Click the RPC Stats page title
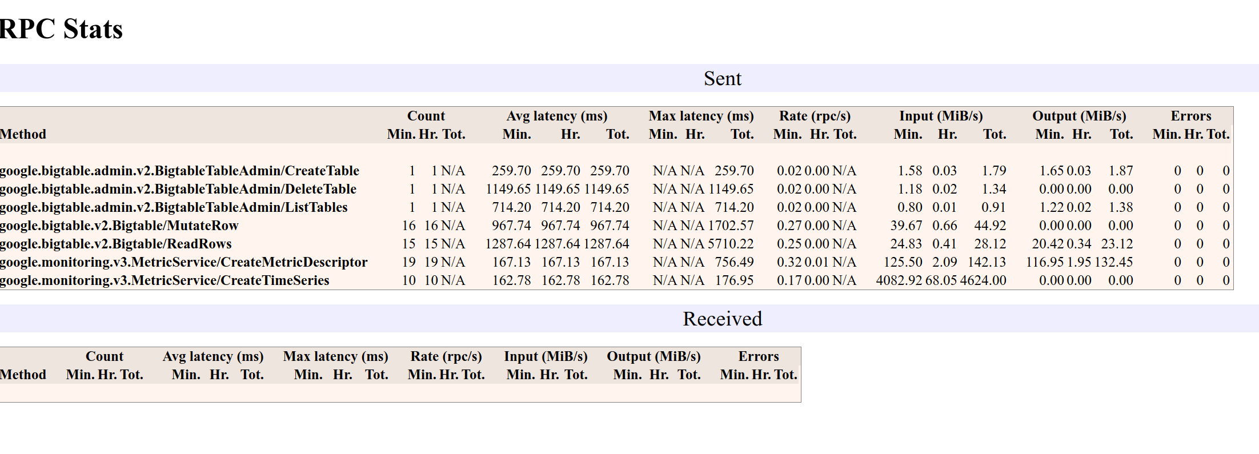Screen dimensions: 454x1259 coord(61,29)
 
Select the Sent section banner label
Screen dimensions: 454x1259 coord(722,78)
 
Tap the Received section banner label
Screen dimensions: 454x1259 coord(722,319)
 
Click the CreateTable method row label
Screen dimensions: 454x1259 coord(179,171)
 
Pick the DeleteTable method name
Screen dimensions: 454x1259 coord(178,189)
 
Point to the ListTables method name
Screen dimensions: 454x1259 coord(174,207)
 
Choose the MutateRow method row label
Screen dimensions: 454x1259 coord(119,226)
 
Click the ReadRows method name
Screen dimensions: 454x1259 coord(115,244)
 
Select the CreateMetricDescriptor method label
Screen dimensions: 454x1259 coord(183,262)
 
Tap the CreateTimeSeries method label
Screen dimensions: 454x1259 coord(165,280)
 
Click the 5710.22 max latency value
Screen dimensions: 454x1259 coord(731,244)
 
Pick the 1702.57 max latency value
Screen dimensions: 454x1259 coord(731,226)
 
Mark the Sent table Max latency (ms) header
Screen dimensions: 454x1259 coord(701,116)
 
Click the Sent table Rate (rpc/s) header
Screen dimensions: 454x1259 coord(815,116)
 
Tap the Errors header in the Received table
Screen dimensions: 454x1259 coord(758,356)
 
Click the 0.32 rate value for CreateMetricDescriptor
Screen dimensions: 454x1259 coord(789,262)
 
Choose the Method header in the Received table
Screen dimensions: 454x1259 coord(23,375)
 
